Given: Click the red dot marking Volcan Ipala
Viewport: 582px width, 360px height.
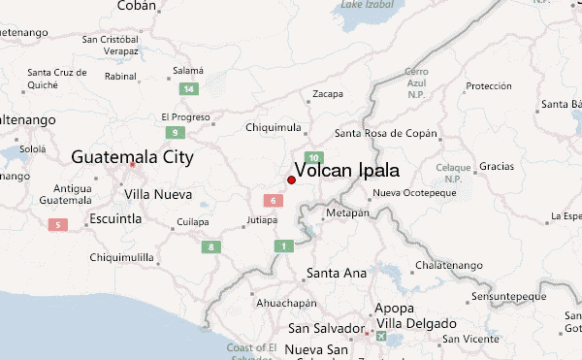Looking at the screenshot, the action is pyautogui.click(x=291, y=180).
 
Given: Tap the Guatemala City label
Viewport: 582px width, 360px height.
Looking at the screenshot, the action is pyautogui.click(x=132, y=157).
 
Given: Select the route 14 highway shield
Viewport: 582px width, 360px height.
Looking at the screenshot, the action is pyautogui.click(x=190, y=89).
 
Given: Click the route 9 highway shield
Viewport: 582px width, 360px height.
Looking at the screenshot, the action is pyautogui.click(x=176, y=132).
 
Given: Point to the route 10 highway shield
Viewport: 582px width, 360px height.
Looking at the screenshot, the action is pyautogui.click(x=313, y=157).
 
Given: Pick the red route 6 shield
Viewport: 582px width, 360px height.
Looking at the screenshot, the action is pyautogui.click(x=275, y=201).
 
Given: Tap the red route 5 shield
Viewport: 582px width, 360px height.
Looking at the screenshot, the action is pyautogui.click(x=58, y=226).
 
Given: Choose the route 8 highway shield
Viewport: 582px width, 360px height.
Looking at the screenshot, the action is pyautogui.click(x=210, y=247).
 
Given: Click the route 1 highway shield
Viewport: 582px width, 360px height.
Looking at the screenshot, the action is pyautogui.click(x=283, y=246).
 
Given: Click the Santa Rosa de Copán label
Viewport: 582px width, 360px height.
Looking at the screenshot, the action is pyautogui.click(x=385, y=133).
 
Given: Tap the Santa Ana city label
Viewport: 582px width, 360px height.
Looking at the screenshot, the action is pyautogui.click(x=336, y=273).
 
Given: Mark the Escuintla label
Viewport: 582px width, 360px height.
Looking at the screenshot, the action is pyautogui.click(x=114, y=218).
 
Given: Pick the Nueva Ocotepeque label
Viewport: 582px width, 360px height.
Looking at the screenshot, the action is pyautogui.click(x=414, y=193).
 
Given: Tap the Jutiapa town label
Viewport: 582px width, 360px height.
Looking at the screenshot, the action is pyautogui.click(x=261, y=220).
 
